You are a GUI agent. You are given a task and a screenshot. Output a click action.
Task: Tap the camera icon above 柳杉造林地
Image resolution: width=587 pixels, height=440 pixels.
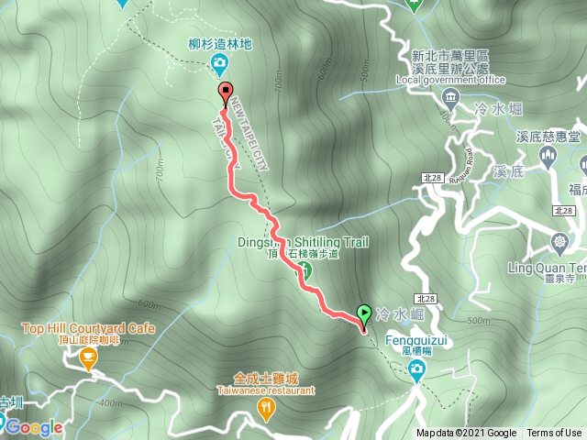point(220,63)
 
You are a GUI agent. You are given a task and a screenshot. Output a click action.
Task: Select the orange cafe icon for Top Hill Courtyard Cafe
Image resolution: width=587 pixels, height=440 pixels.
point(88,360)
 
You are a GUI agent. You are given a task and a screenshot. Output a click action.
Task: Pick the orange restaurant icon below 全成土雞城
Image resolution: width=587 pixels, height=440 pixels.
point(266,409)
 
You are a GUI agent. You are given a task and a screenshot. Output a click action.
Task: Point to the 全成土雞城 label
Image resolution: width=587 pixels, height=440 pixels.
point(266,378)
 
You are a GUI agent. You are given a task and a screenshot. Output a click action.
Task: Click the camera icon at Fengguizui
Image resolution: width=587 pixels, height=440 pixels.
point(417,369)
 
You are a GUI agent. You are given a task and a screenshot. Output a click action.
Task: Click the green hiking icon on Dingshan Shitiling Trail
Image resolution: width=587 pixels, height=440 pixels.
point(306,270)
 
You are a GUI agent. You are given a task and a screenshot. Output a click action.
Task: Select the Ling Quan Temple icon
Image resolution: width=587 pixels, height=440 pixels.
point(559,244)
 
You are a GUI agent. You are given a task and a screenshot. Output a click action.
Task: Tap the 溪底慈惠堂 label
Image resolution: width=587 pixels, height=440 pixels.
point(548,136)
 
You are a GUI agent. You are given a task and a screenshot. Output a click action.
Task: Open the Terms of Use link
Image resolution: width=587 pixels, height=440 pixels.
point(553,434)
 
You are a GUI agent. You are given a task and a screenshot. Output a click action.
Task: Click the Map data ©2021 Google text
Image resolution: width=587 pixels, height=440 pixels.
point(466,434)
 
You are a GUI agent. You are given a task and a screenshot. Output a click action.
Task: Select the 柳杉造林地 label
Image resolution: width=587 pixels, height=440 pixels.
point(219,43)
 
